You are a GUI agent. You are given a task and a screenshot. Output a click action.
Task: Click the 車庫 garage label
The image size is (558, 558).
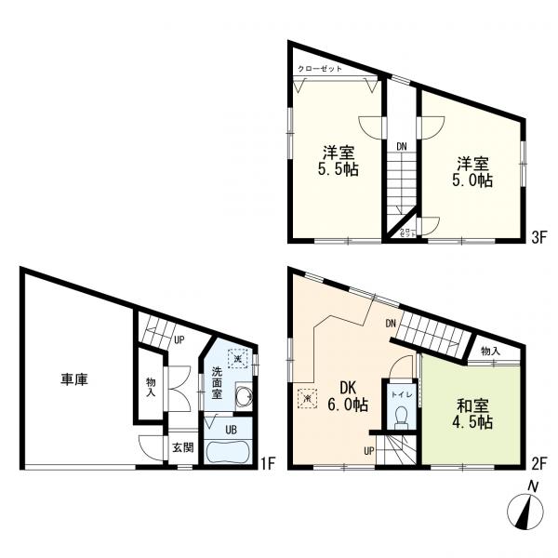click(74, 380)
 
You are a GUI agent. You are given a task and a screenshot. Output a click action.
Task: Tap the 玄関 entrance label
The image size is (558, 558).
click(181, 447)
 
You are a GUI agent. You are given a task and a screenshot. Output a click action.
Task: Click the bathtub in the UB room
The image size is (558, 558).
click(225, 453)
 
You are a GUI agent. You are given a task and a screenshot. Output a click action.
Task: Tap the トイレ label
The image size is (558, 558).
click(401, 394)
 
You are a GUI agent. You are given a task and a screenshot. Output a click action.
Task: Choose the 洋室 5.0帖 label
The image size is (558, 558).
click(473, 172)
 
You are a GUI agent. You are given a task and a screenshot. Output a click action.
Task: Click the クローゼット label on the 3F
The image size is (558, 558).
click(320, 70)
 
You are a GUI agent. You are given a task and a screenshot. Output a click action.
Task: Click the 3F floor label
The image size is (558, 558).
click(537, 238)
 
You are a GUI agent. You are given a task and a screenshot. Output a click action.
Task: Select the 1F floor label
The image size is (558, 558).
click(265, 461)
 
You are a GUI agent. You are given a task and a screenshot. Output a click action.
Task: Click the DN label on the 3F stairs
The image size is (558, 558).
click(401, 146)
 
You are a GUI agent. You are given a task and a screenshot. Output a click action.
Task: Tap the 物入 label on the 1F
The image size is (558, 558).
click(151, 386)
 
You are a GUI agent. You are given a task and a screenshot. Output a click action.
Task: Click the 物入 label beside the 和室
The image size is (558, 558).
click(490, 351)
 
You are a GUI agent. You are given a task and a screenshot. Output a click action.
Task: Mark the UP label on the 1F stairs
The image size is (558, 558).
click(177, 339)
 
